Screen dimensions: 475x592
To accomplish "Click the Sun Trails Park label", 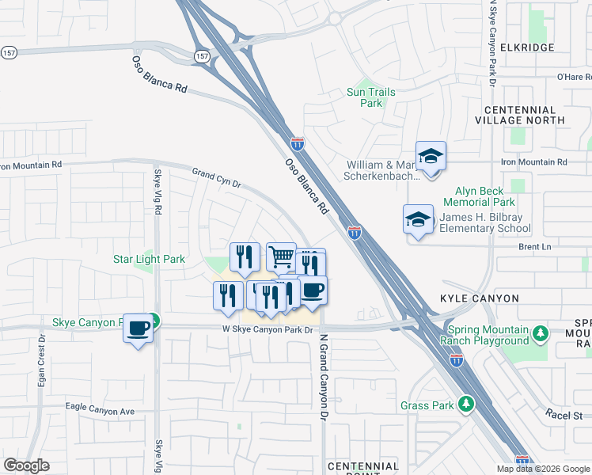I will (x=371, y=97).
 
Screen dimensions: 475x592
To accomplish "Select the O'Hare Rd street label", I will (x=574, y=77).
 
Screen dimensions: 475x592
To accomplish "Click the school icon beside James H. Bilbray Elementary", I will (x=419, y=221).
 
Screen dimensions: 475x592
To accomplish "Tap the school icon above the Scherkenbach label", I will (x=431, y=158).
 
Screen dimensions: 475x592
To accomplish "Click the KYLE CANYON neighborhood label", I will (x=480, y=298).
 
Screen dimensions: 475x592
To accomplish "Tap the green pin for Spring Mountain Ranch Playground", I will (x=541, y=332).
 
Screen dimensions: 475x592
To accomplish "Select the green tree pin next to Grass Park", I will (x=467, y=405).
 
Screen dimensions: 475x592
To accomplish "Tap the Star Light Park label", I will (x=149, y=259).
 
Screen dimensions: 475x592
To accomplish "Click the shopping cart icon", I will (x=281, y=257).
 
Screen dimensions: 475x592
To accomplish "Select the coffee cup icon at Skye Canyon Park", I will (x=139, y=327).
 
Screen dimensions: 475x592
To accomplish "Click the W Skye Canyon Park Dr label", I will (x=267, y=329).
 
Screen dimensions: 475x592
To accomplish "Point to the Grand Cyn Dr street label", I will (x=216, y=177).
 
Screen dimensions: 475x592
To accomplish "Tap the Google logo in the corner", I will (x=27, y=465).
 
